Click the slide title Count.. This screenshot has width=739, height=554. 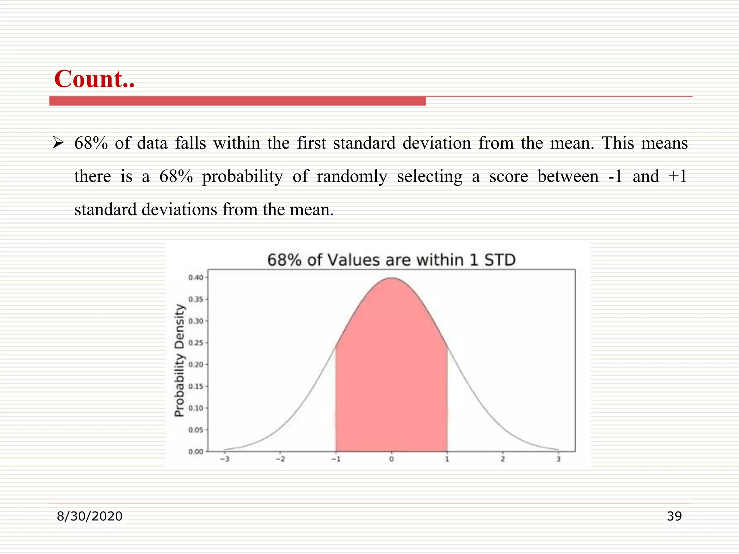pyautogui.click(x=94, y=79)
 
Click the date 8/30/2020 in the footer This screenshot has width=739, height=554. pyautogui.click(x=89, y=516)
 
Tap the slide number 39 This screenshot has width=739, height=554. pyautogui.click(x=674, y=516)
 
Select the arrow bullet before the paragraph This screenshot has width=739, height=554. pyautogui.click(x=58, y=143)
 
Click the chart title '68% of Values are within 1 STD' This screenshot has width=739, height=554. pyautogui.click(x=391, y=260)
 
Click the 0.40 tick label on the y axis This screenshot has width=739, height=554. pyautogui.click(x=196, y=277)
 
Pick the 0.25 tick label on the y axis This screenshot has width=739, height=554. pyautogui.click(x=196, y=343)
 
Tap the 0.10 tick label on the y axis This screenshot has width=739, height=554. pyautogui.click(x=196, y=408)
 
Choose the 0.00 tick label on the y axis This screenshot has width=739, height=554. pyautogui.click(x=196, y=452)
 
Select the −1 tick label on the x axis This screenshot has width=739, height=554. pyautogui.click(x=336, y=459)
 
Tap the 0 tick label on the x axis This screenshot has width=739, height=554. pyautogui.click(x=392, y=459)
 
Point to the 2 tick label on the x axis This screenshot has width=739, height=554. pyautogui.click(x=503, y=459)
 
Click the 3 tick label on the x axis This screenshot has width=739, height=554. pyautogui.click(x=558, y=459)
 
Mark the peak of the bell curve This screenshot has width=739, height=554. pyautogui.click(x=392, y=278)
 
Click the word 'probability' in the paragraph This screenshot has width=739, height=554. pyautogui.click(x=242, y=177)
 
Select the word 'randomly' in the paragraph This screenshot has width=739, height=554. pyautogui.click(x=352, y=177)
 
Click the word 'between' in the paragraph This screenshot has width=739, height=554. pyautogui.click(x=568, y=176)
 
